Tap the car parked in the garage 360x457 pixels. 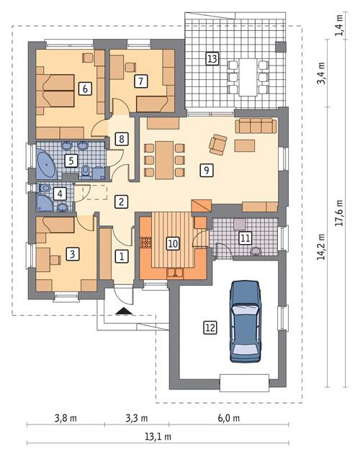(246, 322)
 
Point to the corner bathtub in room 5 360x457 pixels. (46, 164)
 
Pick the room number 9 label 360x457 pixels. (207, 171)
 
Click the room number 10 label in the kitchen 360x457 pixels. (173, 243)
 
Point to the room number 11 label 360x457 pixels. (244, 237)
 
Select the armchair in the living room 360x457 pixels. (217, 144)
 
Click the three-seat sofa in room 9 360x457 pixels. (256, 127)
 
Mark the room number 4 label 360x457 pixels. (60, 194)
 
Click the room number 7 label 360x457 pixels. (141, 81)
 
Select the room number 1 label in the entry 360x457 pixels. (122, 255)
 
